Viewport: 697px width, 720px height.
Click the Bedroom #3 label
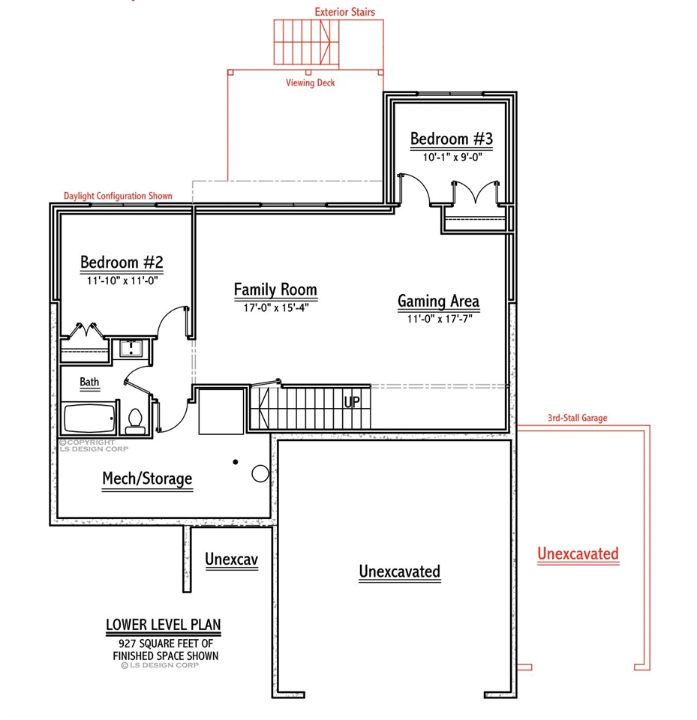point(451,139)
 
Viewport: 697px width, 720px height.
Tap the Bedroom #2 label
point(122,262)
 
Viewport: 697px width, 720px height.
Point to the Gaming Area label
point(438,301)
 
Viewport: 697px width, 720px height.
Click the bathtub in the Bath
point(89,418)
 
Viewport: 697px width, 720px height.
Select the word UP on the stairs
point(352,402)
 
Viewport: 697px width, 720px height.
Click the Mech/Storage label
point(147,478)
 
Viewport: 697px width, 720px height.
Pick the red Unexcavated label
point(578,554)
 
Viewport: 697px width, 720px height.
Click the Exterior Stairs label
point(344,12)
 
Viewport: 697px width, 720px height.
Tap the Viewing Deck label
point(310,83)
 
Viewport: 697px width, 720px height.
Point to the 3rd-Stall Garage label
point(577,418)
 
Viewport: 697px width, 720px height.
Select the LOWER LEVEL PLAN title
point(163,625)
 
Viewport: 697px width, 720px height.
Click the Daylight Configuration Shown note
point(118,196)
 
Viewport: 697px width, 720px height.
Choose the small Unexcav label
point(232,560)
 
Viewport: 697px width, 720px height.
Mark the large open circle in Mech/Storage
point(260,473)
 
